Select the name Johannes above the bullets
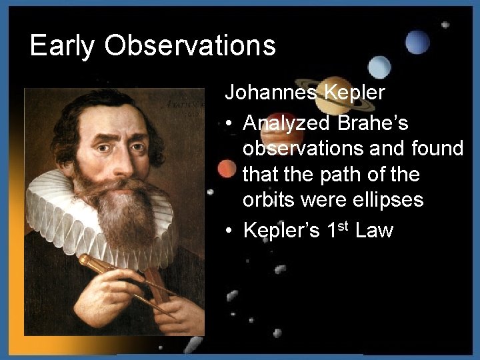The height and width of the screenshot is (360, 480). tap(270, 92)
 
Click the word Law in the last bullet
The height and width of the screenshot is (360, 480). tap(375, 231)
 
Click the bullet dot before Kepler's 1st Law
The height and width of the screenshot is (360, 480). tap(229, 231)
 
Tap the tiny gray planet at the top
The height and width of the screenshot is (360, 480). tap(445, 25)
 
